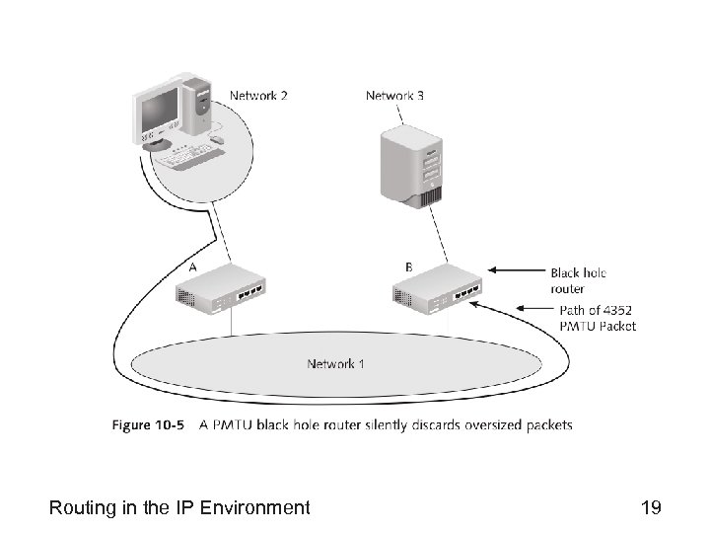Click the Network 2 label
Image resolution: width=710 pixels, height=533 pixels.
[x=258, y=96]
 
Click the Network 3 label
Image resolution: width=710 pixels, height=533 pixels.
[x=395, y=96]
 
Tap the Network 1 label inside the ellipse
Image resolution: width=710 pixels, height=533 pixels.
[x=335, y=363]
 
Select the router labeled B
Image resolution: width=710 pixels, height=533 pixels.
[x=438, y=290]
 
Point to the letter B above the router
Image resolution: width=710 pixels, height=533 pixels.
[x=409, y=266]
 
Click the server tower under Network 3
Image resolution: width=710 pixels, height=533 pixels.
[x=412, y=165]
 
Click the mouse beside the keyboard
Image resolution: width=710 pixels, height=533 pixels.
[x=218, y=140]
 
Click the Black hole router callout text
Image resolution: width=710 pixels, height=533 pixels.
[x=578, y=280]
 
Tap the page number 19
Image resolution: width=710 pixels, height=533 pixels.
[x=650, y=508]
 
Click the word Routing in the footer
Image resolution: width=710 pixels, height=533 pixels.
[x=81, y=508]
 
